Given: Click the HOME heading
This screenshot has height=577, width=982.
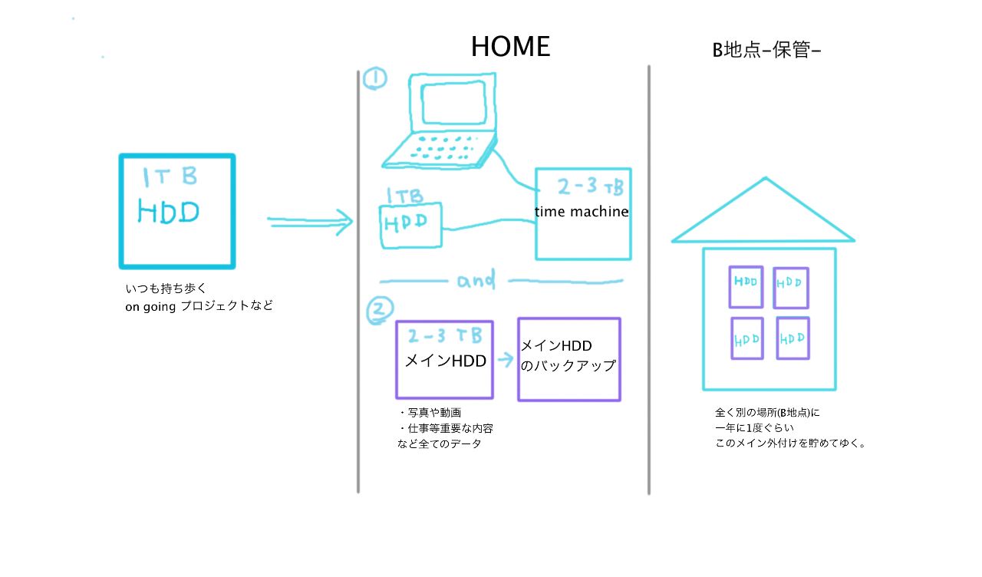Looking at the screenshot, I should tap(510, 47).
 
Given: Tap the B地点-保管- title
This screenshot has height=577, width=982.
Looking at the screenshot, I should tap(767, 51).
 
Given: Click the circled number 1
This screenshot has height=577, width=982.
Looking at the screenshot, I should tap(374, 78).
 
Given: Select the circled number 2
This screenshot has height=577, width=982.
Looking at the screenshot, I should tap(380, 310).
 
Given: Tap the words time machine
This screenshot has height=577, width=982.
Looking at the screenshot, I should tap(582, 212).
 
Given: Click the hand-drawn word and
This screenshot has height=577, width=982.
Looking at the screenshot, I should tap(476, 281).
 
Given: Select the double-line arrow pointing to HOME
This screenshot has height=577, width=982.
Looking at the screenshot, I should tap(310, 223).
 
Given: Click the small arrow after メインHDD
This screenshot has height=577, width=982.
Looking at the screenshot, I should tap(504, 358).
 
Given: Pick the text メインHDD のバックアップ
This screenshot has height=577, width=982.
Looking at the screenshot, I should tap(568, 357).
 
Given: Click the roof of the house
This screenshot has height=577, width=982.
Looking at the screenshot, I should tap(764, 216).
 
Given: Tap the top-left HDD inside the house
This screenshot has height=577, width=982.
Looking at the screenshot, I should tap(746, 282).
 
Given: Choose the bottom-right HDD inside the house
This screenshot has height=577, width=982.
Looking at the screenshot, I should tap(792, 338).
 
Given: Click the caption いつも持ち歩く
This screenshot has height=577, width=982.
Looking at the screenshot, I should tap(166, 288).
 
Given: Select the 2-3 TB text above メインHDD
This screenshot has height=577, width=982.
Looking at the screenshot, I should tap(445, 336).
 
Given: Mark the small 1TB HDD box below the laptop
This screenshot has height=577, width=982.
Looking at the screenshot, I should tap(411, 224).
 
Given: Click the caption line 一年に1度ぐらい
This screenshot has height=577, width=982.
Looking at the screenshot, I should tap(755, 427).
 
